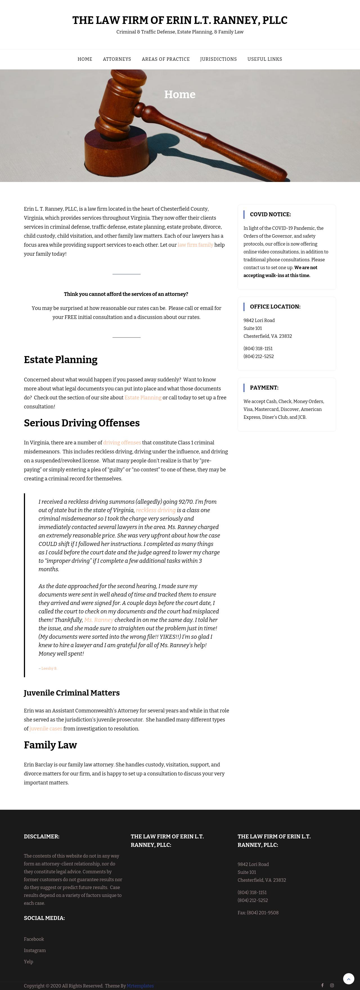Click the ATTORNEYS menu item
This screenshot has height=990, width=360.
click(x=117, y=59)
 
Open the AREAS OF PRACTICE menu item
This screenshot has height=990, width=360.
click(x=166, y=59)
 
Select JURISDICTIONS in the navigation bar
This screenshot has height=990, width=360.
click(x=218, y=59)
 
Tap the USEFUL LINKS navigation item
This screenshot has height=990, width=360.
click(x=265, y=59)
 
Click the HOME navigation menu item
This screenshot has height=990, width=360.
click(x=85, y=59)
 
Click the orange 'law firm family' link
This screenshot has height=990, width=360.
click(x=195, y=245)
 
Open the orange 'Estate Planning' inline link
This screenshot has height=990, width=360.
click(x=143, y=397)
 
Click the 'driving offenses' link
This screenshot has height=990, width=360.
click(x=122, y=442)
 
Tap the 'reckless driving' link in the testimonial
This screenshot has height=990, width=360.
click(x=156, y=510)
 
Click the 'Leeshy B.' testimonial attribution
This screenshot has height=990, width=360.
click(x=49, y=668)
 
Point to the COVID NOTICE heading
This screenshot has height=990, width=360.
click(x=270, y=214)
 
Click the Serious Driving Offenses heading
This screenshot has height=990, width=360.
click(x=82, y=423)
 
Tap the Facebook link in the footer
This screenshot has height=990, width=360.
click(x=34, y=939)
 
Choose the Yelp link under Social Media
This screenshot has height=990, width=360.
click(x=28, y=962)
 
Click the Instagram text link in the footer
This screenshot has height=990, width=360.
click(x=35, y=950)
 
